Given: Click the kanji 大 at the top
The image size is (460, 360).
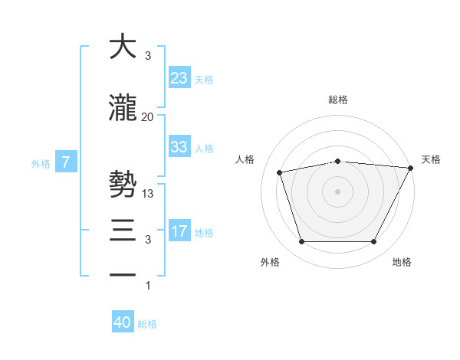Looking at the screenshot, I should click(123, 47).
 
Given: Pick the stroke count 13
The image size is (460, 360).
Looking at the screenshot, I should click(148, 194).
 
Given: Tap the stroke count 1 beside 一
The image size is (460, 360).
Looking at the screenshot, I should click(148, 286).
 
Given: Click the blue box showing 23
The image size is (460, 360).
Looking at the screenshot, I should click(179, 77).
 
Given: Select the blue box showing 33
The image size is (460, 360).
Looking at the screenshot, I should click(179, 147).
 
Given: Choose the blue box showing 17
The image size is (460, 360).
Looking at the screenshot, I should click(179, 231).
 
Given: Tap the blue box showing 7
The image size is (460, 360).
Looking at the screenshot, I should click(66, 162).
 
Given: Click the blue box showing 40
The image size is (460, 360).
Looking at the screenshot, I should click(123, 322).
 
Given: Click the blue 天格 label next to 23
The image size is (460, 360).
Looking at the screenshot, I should click(204, 79).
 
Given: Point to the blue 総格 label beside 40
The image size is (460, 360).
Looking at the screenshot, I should click(147, 324).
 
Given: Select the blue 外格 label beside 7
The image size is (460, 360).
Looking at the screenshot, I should click(41, 163).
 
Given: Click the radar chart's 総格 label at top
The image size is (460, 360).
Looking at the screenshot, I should click(338, 100).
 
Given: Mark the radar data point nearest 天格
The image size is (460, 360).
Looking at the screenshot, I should click(411, 168).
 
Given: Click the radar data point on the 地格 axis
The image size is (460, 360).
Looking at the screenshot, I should click(373, 242).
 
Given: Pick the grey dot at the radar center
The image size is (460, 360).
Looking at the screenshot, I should click(338, 191).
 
